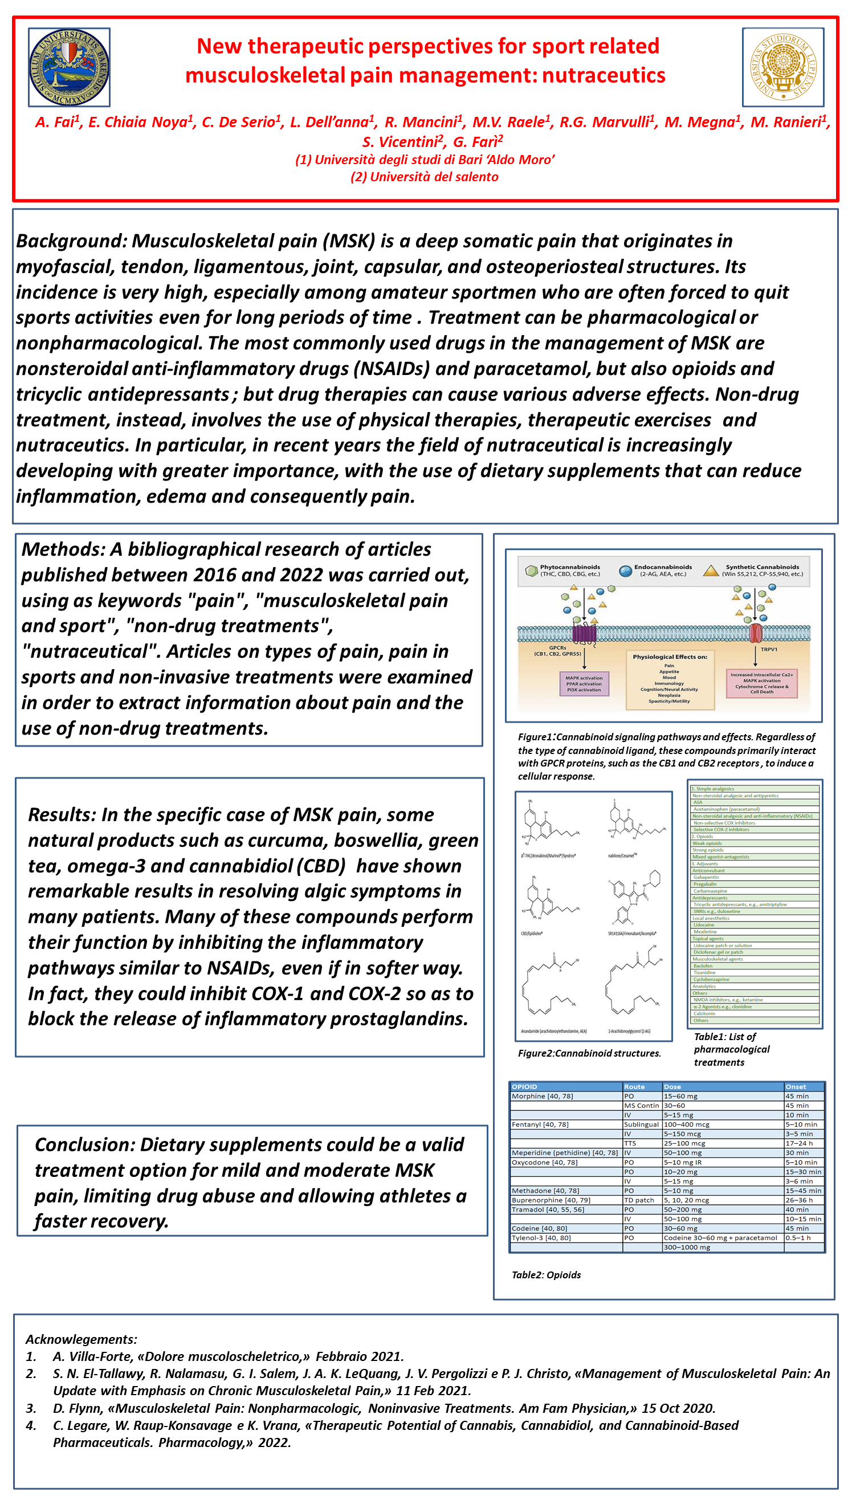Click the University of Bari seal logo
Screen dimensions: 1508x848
click(69, 67)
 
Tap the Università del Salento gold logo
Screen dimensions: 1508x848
click(782, 67)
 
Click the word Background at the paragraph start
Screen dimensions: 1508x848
click(70, 241)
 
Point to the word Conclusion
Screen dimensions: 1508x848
click(84, 1144)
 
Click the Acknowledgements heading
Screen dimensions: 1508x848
click(81, 1339)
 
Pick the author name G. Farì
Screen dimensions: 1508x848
click(477, 142)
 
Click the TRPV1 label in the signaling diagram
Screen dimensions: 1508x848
click(768, 649)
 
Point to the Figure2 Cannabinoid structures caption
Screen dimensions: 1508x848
click(589, 1053)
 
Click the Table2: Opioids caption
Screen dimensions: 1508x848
click(546, 1274)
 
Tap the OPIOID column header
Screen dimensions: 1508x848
click(524, 1086)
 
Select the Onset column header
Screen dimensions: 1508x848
click(796, 1086)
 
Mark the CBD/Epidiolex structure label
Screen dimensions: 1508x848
click(531, 933)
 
